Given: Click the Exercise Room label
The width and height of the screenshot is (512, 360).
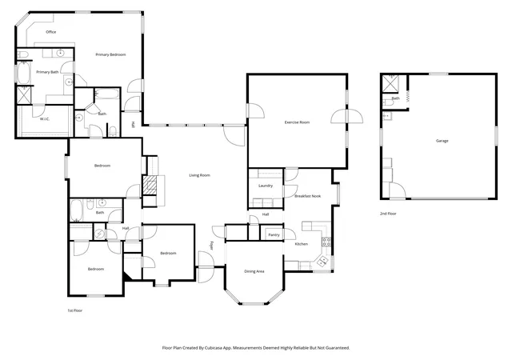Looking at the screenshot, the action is pos(297,122).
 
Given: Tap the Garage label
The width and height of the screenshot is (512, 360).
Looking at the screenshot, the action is pos(442,141).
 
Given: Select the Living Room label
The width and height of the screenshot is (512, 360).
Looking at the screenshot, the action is pos(199,175).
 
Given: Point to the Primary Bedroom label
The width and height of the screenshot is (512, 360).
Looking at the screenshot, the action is pos(110,54).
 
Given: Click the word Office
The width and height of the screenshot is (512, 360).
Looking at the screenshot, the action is pos(51,32).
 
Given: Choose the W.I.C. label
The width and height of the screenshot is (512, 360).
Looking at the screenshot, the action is pos(45,119).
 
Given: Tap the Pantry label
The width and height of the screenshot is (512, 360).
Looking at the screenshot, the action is pos(274,235).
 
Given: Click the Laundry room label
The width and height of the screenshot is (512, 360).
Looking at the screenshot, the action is pos(266,186).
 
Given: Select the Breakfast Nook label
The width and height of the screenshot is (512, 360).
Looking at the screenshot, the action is pos(307,196).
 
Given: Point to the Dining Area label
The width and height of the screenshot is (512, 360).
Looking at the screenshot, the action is pos(254,271).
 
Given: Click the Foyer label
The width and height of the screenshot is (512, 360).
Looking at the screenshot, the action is pos(211,246).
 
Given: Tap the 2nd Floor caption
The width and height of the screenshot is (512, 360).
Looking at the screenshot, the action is pos(388,214).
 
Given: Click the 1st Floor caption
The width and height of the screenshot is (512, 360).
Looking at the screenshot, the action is pos(74,310).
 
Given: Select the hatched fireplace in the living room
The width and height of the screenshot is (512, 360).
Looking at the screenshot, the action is pos(150,186).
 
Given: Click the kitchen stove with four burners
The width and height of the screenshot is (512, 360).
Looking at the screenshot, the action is pos(326,242).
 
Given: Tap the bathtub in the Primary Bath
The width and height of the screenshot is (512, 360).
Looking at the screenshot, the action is pos(23,73).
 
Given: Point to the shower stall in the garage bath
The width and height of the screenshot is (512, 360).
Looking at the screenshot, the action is pos(390,84).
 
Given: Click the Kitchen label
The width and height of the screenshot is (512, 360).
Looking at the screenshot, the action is pos(301,244).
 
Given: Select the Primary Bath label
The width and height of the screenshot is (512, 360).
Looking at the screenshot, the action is pos(47,72).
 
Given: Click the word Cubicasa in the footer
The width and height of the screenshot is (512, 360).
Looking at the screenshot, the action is pos(214,348).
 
